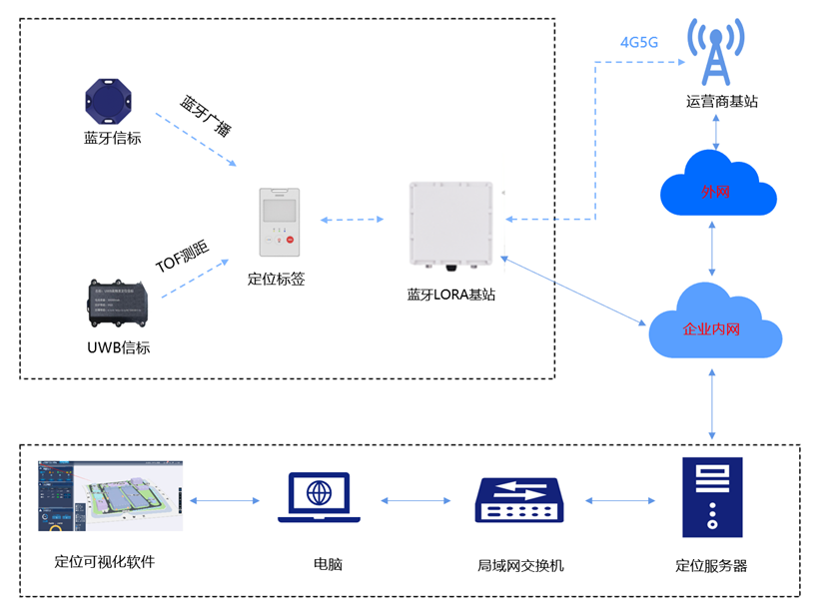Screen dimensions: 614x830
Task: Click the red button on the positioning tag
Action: click(x=290, y=241)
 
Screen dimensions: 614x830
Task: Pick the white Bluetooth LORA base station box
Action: click(x=451, y=226)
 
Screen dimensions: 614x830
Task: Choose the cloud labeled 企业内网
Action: click(x=713, y=323)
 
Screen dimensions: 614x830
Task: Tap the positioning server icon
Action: click(x=711, y=496)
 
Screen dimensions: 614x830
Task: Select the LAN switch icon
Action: click(x=519, y=499)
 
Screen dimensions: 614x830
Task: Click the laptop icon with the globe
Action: click(x=319, y=497)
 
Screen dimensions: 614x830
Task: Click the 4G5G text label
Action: click(x=639, y=42)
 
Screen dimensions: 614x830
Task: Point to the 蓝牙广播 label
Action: click(x=206, y=116)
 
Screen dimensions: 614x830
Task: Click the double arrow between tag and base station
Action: click(x=353, y=219)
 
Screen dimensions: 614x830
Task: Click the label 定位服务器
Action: click(x=711, y=565)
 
